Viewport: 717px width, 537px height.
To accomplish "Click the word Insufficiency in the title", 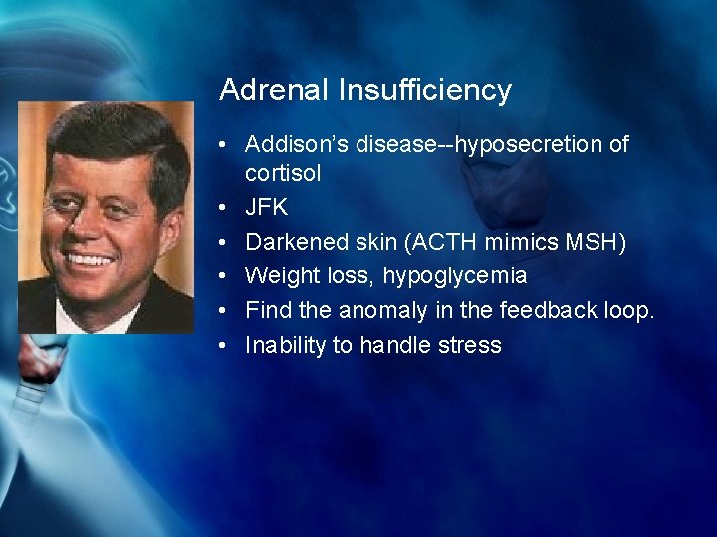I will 424,90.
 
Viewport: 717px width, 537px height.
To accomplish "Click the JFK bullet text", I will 266,208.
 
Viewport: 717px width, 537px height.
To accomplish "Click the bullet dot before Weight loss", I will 228,276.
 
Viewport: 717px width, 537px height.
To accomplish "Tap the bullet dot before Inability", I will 228,345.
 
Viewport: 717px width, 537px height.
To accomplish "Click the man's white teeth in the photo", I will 91,259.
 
